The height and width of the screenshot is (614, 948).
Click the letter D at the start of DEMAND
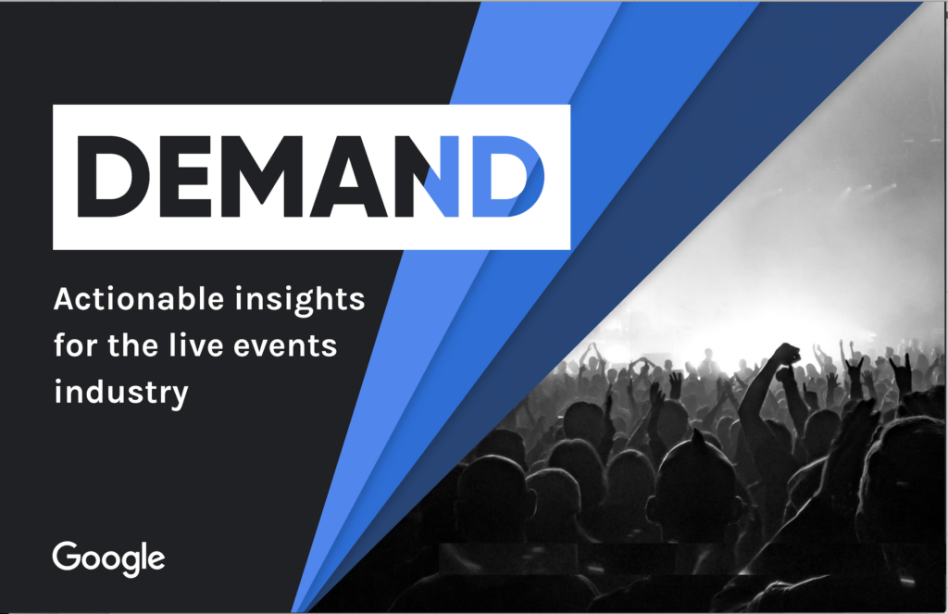(109, 177)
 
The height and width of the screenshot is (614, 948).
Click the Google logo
(108, 558)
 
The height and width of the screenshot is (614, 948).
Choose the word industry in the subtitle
(121, 393)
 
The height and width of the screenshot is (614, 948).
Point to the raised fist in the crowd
(786, 353)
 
